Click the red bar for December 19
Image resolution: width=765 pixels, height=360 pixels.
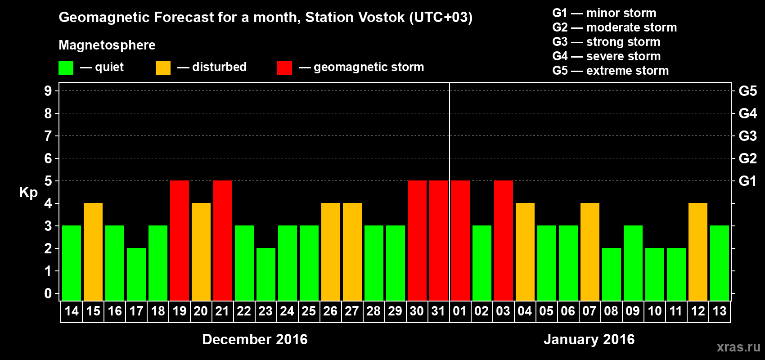tap(180, 240)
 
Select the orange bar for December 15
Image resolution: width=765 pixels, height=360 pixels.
tap(93, 252)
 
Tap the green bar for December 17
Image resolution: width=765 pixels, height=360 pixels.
tap(136, 274)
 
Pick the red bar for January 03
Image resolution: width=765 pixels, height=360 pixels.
tap(504, 240)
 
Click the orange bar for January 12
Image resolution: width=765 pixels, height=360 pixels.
tap(698, 252)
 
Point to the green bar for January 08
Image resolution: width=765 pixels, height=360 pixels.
tap(612, 274)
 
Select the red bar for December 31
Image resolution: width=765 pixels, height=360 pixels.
tap(439, 240)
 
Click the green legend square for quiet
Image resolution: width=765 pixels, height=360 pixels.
tap(66, 68)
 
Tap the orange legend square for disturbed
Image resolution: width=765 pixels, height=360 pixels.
tap(163, 68)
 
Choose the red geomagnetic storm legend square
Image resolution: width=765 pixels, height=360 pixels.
tap(284, 68)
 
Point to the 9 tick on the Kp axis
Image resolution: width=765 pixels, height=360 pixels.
tap(48, 91)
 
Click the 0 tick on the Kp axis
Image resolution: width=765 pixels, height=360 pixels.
tap(48, 294)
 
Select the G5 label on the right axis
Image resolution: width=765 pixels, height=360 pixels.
tap(747, 91)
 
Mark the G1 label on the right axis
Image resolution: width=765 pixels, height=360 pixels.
tap(747, 181)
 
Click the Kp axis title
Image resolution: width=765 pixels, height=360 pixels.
tap(28, 192)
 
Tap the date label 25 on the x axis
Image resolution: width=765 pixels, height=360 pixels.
tap(309, 311)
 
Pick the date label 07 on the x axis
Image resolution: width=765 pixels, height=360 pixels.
tap(589, 311)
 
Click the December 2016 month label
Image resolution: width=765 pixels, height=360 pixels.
tap(255, 339)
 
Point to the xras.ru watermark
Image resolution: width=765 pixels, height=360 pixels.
tap(738, 347)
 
